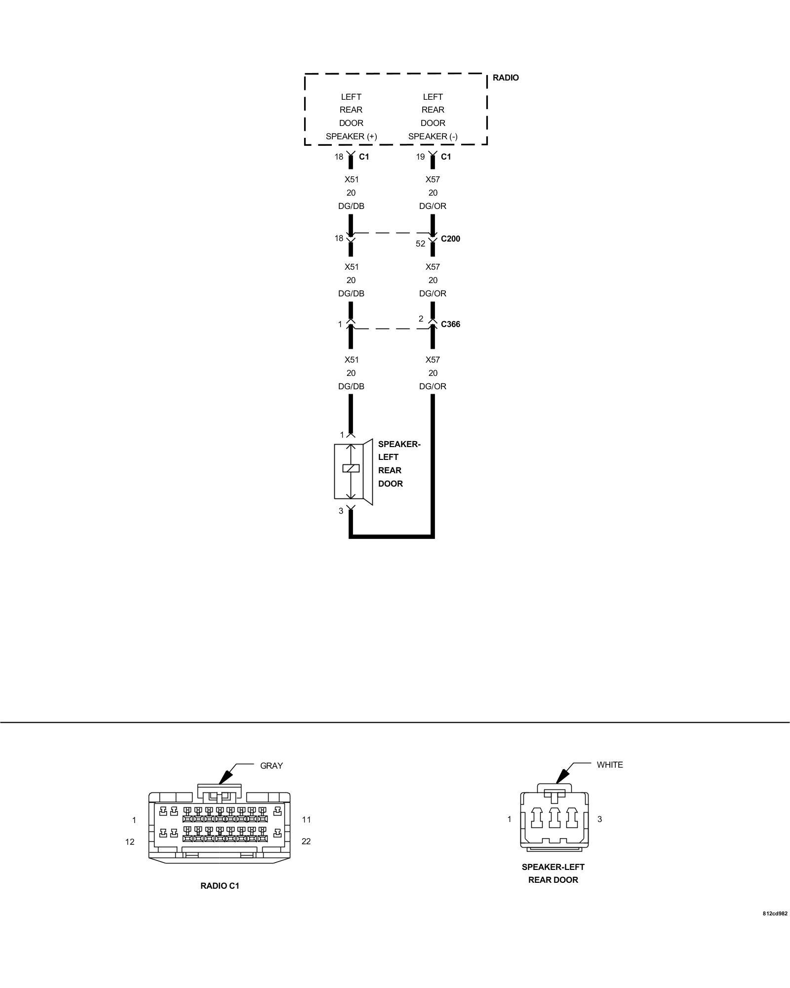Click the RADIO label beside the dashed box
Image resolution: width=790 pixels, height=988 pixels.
point(506,78)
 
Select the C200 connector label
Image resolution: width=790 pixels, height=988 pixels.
point(450,239)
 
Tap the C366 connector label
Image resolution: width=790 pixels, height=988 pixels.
point(450,324)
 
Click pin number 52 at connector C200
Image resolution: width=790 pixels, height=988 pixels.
point(420,244)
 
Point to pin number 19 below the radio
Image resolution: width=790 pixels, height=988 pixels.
point(420,157)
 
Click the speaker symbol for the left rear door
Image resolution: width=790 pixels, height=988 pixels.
point(353,472)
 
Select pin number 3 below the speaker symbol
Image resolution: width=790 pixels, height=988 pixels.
point(341,511)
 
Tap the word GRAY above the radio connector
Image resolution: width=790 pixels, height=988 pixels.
point(272,766)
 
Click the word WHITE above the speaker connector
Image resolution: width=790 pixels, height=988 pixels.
point(610,765)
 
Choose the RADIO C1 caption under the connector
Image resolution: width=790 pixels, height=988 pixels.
point(220,886)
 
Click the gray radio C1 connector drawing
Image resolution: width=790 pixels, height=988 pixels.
point(220,826)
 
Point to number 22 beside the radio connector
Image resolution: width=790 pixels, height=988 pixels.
point(306,841)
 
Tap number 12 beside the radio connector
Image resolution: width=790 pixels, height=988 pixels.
point(130,842)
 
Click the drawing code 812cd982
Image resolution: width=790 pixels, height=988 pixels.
point(775,927)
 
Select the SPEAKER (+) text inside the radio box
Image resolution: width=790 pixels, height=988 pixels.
point(351,136)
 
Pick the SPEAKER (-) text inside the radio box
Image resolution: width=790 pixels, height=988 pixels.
point(433,136)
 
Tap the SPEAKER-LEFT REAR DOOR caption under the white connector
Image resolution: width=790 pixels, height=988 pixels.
point(553,873)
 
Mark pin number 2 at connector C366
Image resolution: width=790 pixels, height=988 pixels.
point(421,319)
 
